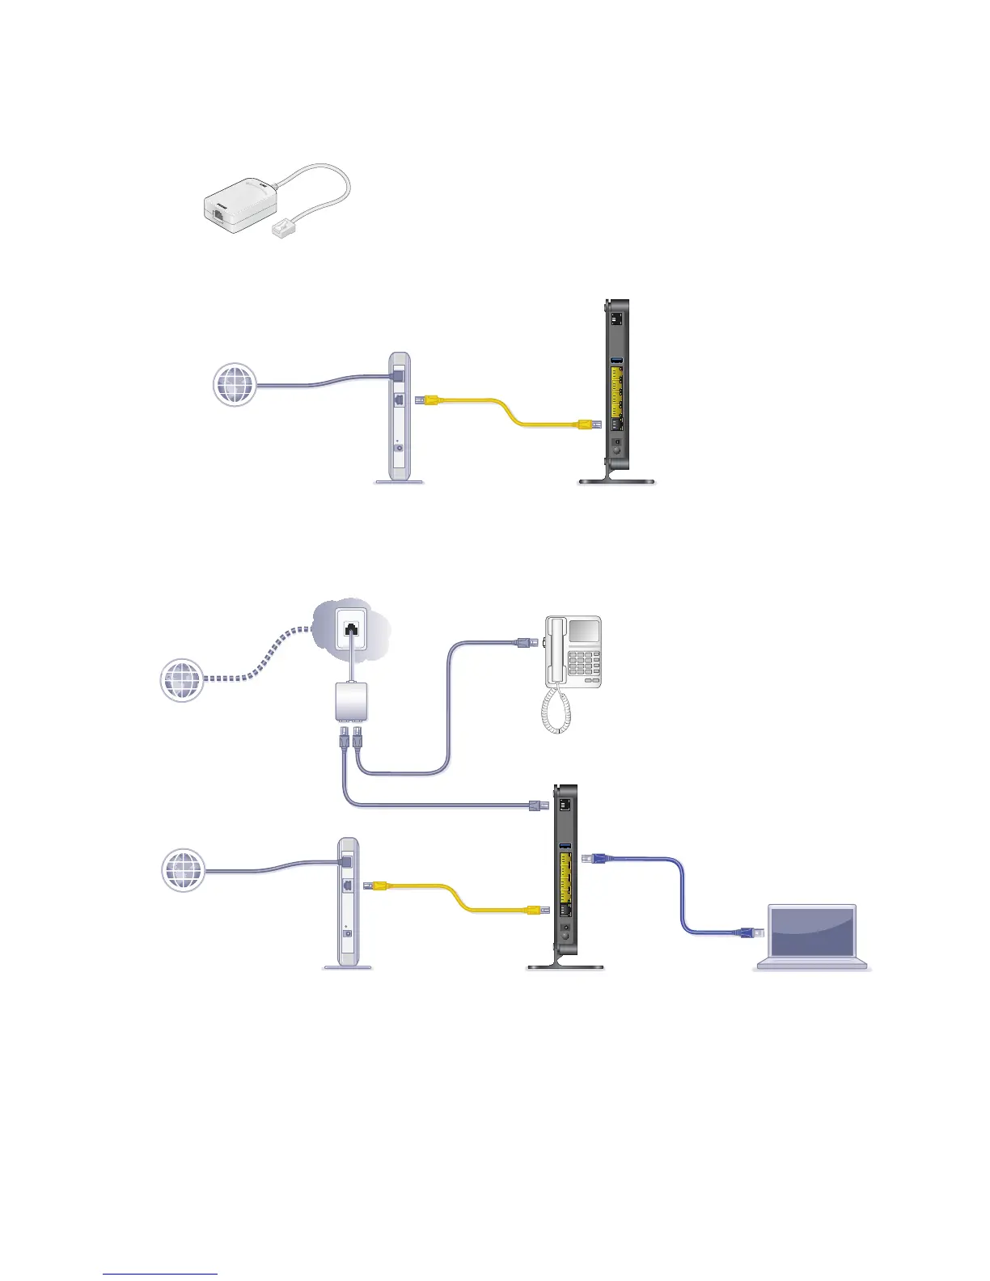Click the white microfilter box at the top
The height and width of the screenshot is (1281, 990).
[241, 205]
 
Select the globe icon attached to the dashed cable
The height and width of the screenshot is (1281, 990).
[182, 680]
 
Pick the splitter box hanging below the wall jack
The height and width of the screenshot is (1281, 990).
[350, 700]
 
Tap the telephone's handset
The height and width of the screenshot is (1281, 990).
[556, 651]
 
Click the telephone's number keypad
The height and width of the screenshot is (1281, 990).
[584, 665]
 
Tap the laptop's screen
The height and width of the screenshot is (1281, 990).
[811, 932]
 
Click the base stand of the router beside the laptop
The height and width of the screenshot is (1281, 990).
[565, 964]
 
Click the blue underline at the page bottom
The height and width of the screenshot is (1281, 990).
[160, 1274]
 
